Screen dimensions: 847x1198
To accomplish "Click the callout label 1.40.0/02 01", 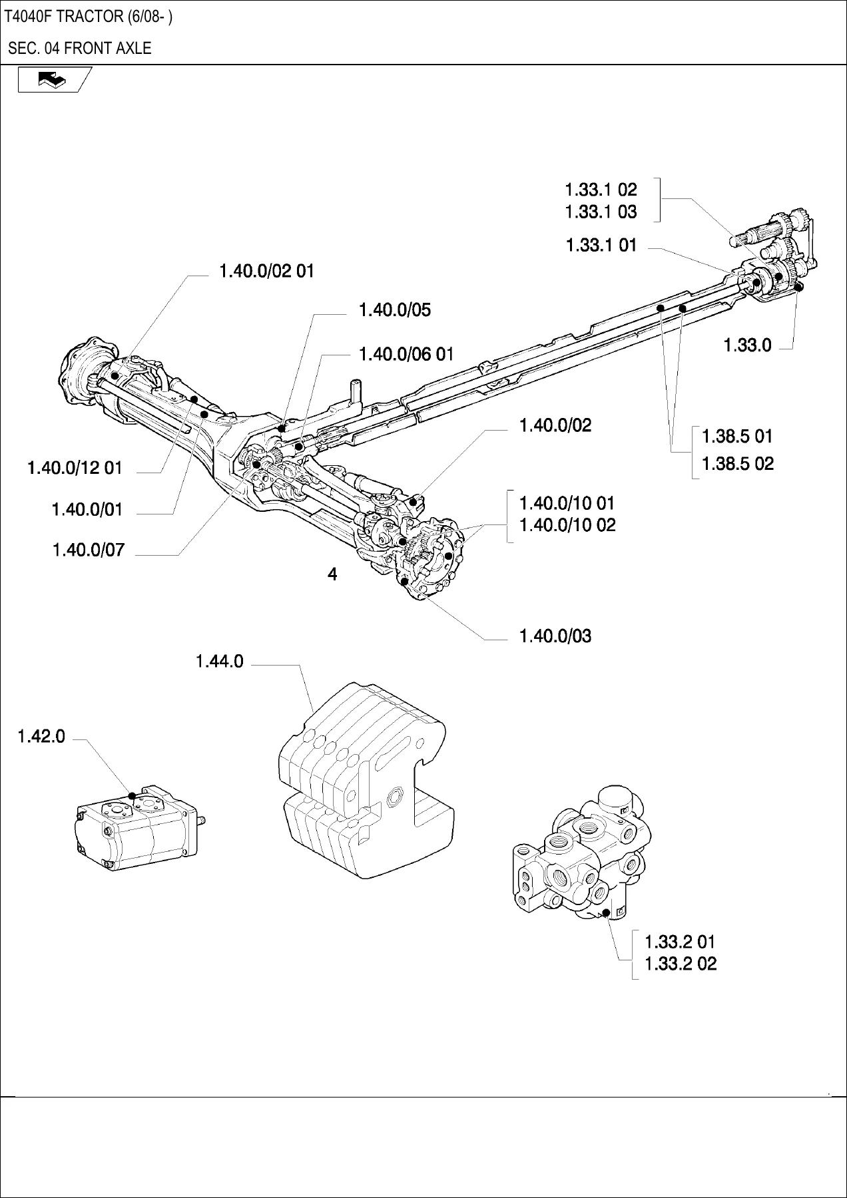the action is click(266, 271).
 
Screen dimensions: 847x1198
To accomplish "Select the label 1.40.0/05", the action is click(395, 309).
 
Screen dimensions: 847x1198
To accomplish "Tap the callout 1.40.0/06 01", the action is click(406, 353).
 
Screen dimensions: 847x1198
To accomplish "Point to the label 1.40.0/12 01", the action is click(75, 467).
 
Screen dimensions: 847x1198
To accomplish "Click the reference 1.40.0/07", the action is click(88, 550).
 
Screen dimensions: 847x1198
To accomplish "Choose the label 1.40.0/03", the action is click(555, 636).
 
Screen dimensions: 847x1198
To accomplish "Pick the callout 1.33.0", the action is click(748, 345).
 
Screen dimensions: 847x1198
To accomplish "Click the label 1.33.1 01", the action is click(601, 245).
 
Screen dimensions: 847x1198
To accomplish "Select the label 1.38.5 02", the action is click(738, 463).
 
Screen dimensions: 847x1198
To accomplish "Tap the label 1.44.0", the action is click(220, 662).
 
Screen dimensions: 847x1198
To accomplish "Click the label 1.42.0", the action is click(41, 736).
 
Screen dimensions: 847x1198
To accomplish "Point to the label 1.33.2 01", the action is click(680, 942).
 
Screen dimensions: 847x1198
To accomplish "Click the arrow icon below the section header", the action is click(54, 80).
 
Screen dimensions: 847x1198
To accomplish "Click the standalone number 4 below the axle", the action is click(332, 574).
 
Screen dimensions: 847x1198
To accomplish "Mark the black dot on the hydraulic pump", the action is click(133, 796).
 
